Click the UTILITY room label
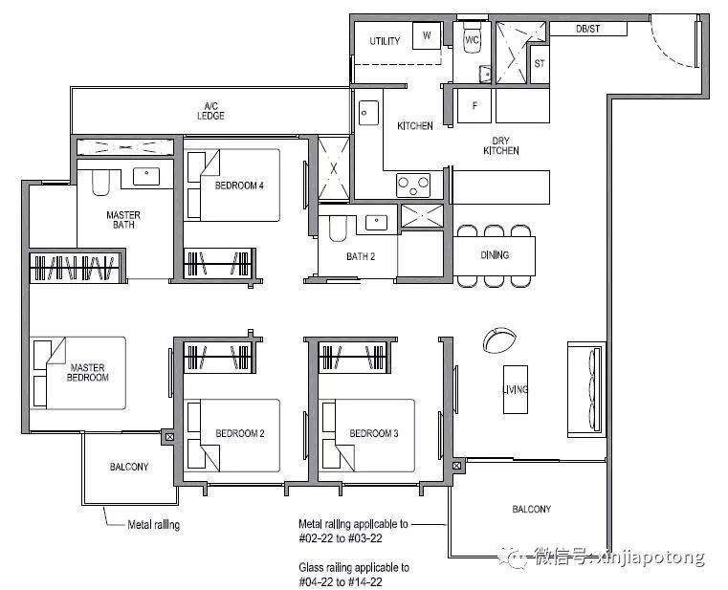coord(385,41)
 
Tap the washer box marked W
coord(427,35)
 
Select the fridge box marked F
coord(474,106)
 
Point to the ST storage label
coord(539,64)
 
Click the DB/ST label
coord(587,29)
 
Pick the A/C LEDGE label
coord(210,112)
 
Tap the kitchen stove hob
coord(413,186)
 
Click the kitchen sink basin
coord(368,113)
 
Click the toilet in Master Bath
coord(100,183)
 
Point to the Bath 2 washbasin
coord(376,223)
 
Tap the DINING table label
coord(495,255)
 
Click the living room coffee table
coord(516,389)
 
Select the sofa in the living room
coord(586,389)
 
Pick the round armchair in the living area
coord(499,340)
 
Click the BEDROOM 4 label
coord(239,186)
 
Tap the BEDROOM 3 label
coord(374,433)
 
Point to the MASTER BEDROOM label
coord(88,372)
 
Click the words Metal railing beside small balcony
coord(154,525)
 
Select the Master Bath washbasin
coord(146,176)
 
